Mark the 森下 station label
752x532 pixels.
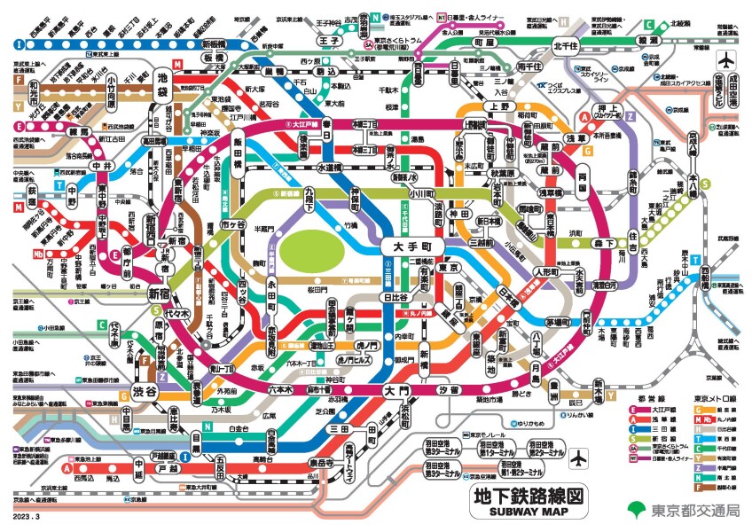(x=605, y=242)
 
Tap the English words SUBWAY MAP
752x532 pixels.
(x=528, y=512)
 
